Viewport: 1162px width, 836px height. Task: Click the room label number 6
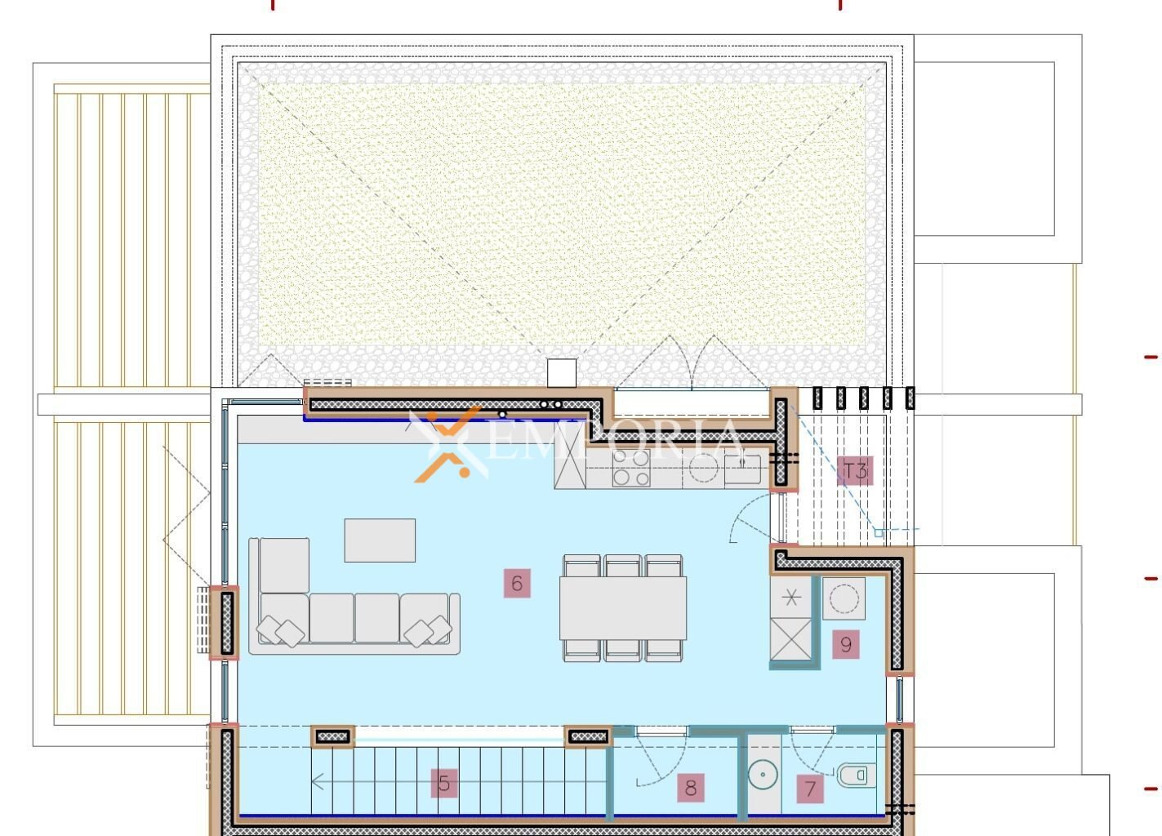click(x=517, y=583)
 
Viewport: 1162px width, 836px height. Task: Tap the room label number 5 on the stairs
click(x=444, y=783)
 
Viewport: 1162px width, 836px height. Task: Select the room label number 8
click(x=691, y=788)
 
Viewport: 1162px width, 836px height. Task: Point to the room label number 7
click(x=810, y=789)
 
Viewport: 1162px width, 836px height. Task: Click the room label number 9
click(x=845, y=644)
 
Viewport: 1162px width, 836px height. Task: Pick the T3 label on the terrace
click(x=855, y=471)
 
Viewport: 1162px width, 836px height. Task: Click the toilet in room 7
click(x=857, y=776)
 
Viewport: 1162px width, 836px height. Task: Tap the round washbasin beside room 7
click(x=763, y=775)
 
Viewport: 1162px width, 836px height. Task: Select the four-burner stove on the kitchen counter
click(x=630, y=468)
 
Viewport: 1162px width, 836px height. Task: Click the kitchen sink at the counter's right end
click(x=742, y=469)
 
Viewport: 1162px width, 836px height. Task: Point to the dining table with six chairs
click(x=622, y=607)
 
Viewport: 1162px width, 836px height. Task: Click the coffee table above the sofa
click(x=380, y=540)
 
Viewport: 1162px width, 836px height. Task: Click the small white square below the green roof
click(x=561, y=373)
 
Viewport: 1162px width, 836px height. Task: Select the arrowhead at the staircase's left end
click(x=318, y=781)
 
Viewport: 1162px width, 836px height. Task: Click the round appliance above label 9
click(x=844, y=598)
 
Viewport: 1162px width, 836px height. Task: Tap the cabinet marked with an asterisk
click(x=790, y=598)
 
